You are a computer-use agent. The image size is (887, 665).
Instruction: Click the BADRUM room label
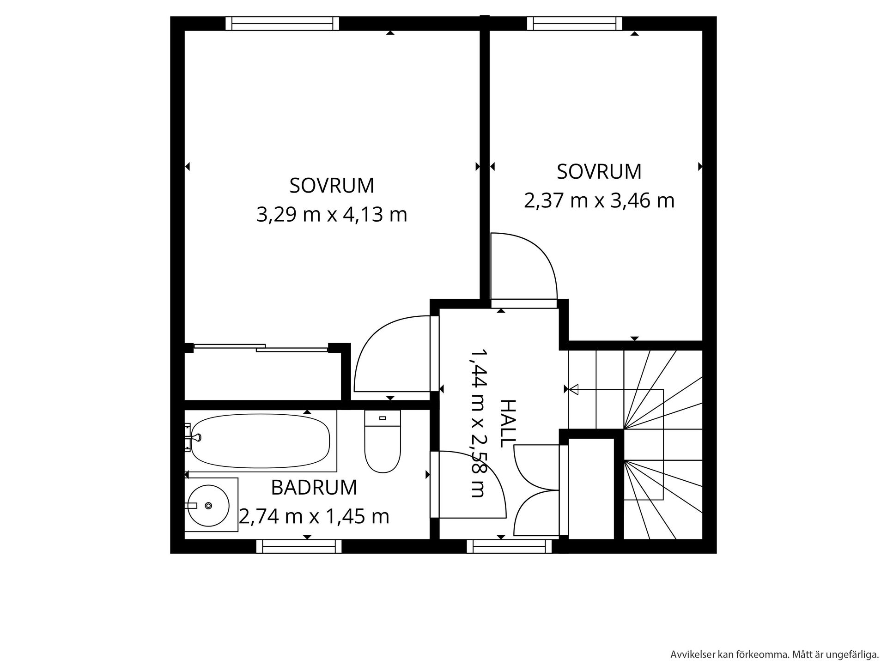[314, 488]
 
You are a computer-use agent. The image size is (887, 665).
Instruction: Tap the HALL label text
[507, 423]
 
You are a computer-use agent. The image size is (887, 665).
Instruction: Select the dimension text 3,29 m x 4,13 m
[332, 215]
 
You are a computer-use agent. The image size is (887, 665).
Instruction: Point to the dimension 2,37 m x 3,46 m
[599, 201]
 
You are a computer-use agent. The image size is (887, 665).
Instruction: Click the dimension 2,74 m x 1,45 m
[314, 516]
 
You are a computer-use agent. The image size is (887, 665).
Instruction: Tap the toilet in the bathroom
[383, 441]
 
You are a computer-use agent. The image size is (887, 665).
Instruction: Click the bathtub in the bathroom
[261, 441]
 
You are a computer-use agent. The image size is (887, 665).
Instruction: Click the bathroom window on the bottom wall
[299, 546]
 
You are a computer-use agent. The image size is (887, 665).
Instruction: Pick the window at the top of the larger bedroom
[282, 24]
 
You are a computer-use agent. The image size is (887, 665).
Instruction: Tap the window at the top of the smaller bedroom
[575, 24]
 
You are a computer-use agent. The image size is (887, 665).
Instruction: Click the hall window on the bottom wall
[509, 546]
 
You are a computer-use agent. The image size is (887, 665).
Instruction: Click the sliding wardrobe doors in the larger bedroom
[261, 348]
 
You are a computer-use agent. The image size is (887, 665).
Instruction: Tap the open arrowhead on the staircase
[574, 390]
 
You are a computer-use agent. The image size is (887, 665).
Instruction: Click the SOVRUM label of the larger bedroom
[332, 186]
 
